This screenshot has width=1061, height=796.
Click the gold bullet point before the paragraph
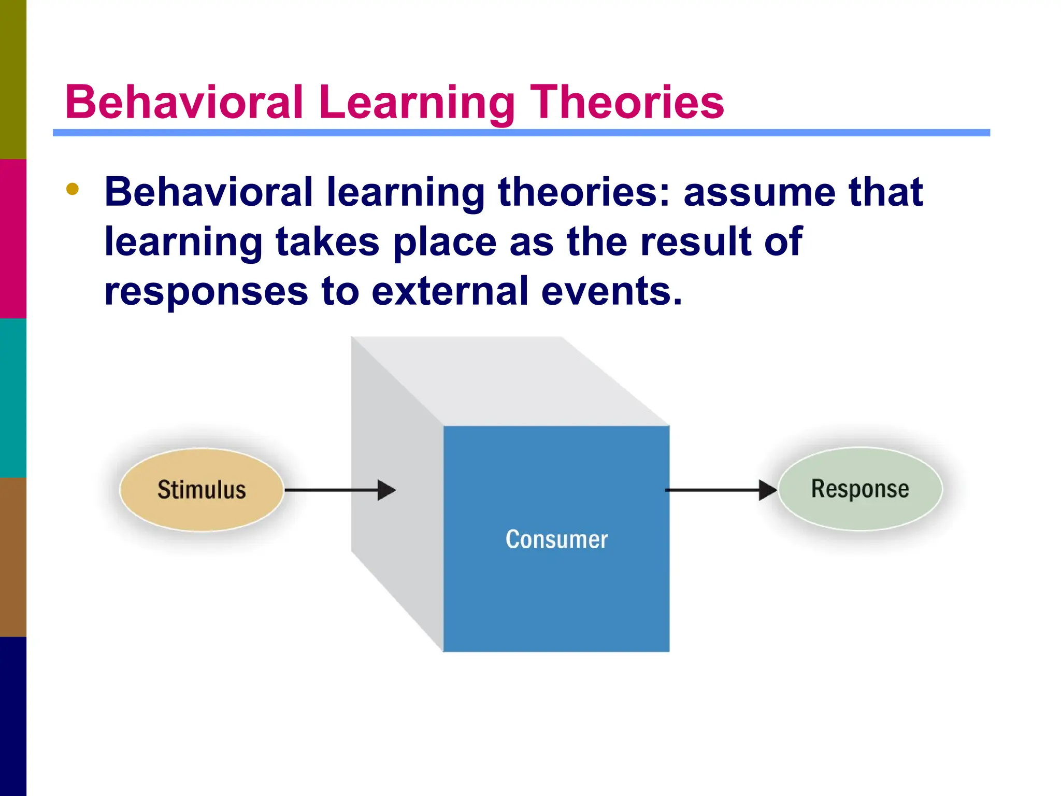click(x=73, y=189)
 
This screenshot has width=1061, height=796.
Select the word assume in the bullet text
click(x=759, y=192)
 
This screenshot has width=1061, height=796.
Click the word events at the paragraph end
click(x=611, y=291)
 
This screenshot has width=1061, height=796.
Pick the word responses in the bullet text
click(x=206, y=292)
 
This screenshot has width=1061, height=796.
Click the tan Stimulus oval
click(x=202, y=490)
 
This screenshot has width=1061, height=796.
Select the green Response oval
click(x=860, y=489)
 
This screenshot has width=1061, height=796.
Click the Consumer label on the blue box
click(x=556, y=539)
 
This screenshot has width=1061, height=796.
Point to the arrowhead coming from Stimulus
click(x=386, y=490)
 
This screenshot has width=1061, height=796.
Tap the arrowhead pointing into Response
click(x=768, y=490)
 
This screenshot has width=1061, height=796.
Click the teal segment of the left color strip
click(x=13, y=397)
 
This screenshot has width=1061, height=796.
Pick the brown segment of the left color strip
click(x=13, y=557)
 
